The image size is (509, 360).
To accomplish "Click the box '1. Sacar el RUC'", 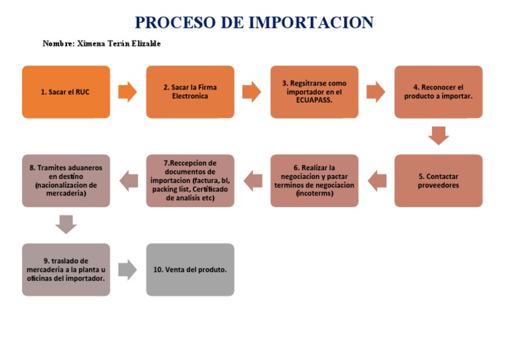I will point(66,92).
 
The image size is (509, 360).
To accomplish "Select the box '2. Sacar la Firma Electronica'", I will point(190,92).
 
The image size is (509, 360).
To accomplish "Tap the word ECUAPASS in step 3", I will point(314,101).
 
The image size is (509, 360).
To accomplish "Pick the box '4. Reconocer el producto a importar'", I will point(438,92).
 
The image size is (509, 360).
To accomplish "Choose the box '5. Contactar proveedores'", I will point(438,181).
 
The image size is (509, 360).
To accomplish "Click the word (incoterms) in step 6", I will point(314,194).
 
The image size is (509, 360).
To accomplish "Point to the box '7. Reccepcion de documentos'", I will point(190,181).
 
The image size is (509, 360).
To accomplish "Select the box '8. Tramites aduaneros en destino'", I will point(66,181).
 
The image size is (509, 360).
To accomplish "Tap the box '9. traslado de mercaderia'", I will point(66,269).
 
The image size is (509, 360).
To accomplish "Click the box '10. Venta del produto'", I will point(190,269).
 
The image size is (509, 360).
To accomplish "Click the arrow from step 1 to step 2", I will point(128,92).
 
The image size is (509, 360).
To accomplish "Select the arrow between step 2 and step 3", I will point(252,92).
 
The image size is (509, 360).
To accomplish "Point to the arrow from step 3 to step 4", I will point(376,92).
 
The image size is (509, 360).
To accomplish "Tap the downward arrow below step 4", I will point(438,136).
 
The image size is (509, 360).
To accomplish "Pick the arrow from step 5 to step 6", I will point(376,179).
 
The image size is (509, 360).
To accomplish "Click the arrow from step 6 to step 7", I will point(253,179).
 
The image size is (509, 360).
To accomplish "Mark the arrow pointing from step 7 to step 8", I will point(129,179).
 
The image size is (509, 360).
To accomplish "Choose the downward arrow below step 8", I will point(66,224).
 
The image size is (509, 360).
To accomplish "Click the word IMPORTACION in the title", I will point(311,23).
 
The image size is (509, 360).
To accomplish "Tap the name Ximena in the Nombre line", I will point(95,44).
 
